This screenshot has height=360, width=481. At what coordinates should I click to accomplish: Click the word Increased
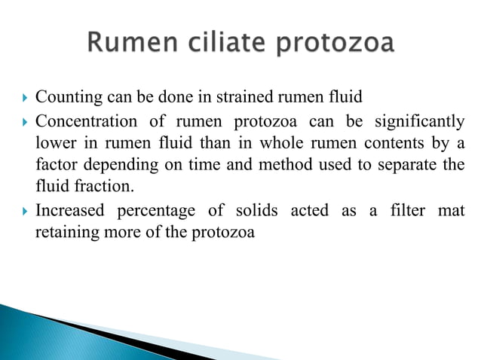[x=70, y=212]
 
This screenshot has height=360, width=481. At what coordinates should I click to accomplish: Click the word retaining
[x=63, y=233]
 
